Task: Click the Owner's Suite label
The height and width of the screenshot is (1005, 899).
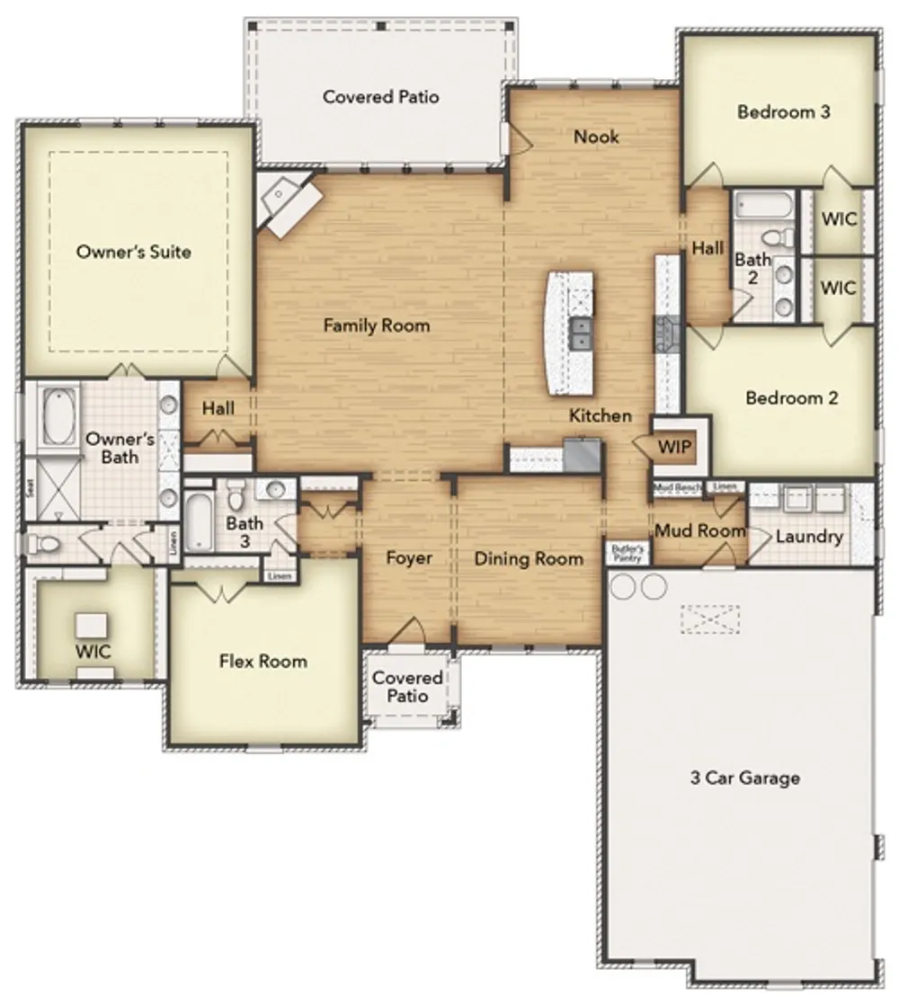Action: pos(133,252)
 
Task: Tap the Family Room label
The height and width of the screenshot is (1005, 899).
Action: pos(377,325)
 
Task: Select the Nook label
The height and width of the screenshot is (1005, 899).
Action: pos(596,137)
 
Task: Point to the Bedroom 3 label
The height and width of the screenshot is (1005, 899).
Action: pos(783,112)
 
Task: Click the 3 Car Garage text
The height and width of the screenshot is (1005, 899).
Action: pos(744,778)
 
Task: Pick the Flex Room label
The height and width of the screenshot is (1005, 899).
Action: pos(263,662)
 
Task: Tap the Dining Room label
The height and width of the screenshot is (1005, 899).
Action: pos(529,559)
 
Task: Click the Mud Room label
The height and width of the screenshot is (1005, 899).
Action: pos(699,530)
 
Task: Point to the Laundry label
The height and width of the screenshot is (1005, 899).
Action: pos(809,537)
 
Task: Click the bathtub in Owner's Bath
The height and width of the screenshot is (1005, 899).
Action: pos(59,416)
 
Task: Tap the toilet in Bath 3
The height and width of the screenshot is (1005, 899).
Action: pos(236,495)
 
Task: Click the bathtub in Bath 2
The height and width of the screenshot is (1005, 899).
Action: pos(762,206)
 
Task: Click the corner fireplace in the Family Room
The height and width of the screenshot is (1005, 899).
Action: pos(288,204)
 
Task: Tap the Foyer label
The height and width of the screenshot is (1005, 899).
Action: pos(409,558)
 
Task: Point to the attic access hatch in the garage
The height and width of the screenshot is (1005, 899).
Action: pos(710,618)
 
